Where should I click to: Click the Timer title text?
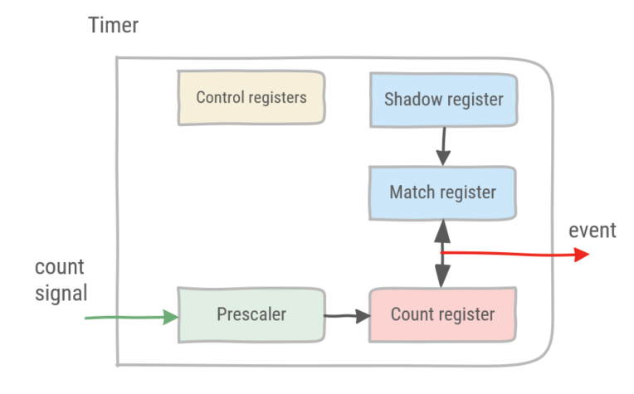pos(113,25)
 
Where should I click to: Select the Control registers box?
pos(251,98)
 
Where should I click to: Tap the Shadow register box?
pos(444,100)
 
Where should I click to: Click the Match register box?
pos(443,192)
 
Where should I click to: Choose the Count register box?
pos(443,315)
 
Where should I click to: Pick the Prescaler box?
pos(251,315)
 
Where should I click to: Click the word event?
pos(593,231)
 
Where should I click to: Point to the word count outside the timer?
pos(60,267)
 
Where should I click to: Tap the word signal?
pos(61,294)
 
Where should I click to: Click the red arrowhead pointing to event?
pos(582,255)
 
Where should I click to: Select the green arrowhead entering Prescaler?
pos(171,317)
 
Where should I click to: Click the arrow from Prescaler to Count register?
pos(348,316)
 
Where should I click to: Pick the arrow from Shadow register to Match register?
pos(444,146)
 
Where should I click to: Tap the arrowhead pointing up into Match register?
pos(442,231)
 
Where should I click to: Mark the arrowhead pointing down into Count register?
pos(442,276)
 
